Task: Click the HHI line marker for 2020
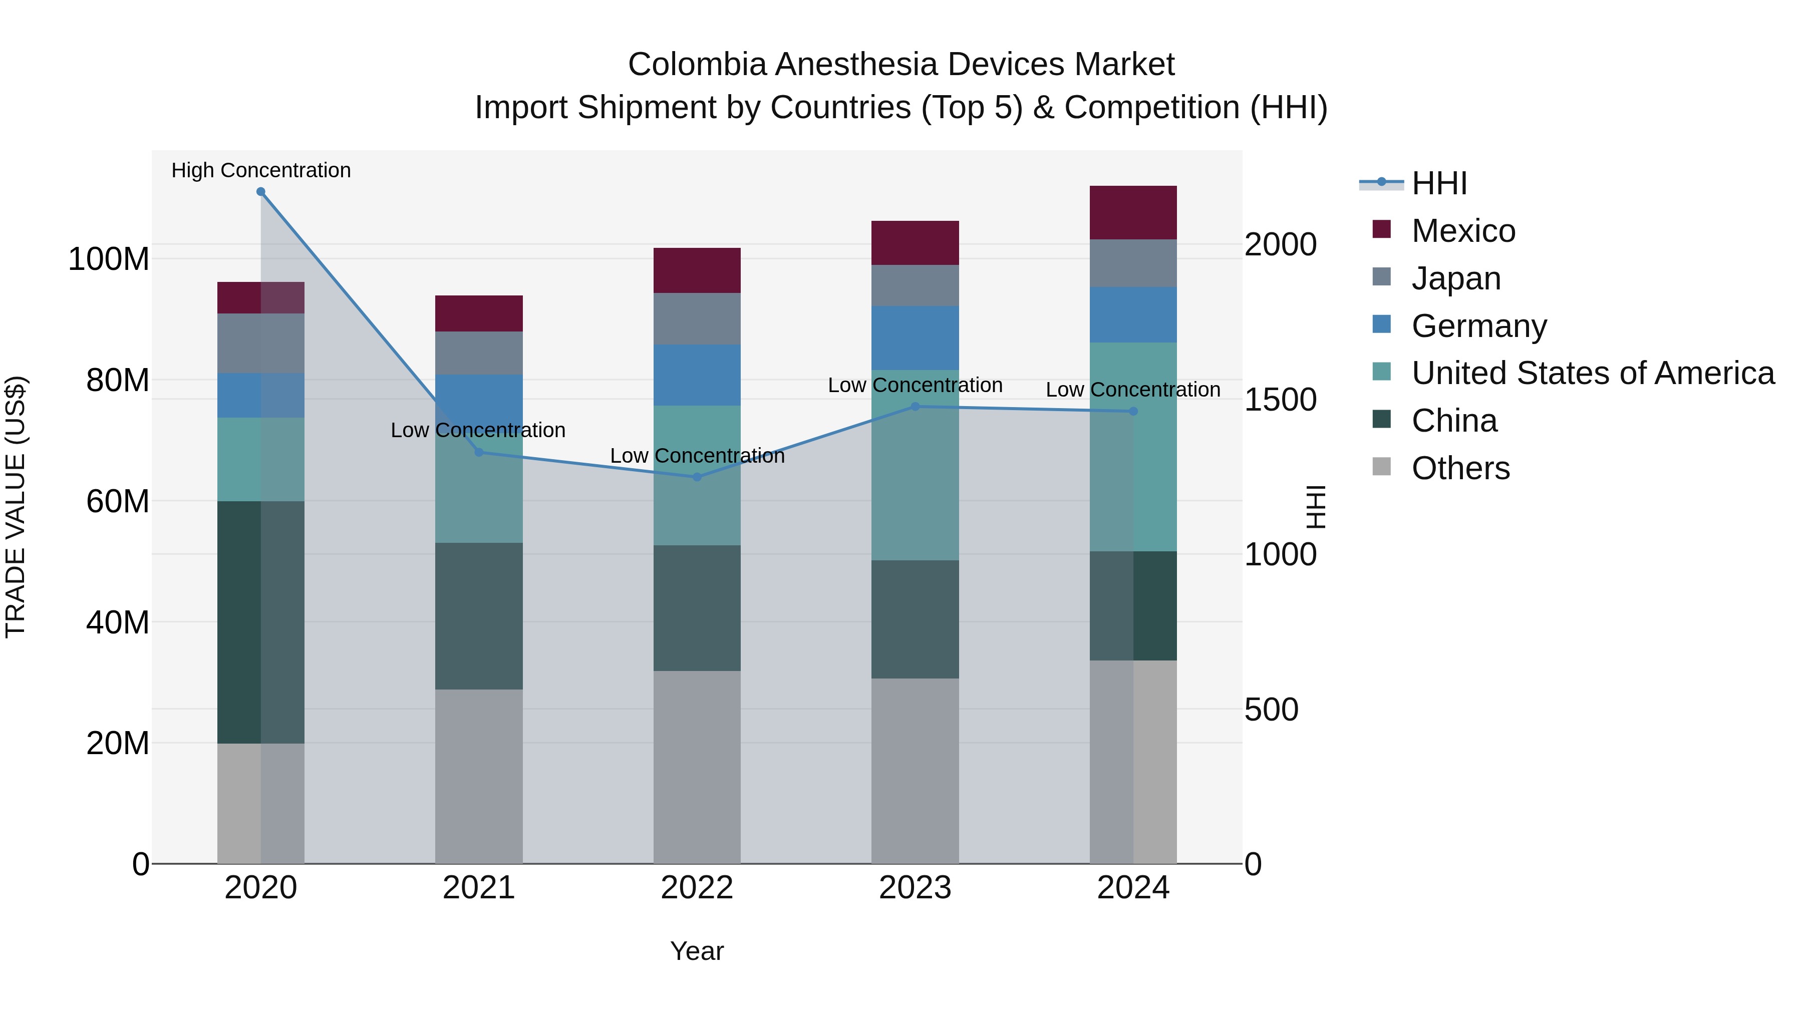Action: (x=261, y=192)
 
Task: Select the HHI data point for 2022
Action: (x=697, y=477)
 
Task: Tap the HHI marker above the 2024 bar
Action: (x=1133, y=412)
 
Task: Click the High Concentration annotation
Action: (x=261, y=170)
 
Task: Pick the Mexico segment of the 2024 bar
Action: (x=1133, y=213)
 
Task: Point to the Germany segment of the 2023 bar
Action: (x=915, y=338)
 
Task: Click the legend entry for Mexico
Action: (x=1463, y=231)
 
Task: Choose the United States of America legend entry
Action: (x=1592, y=373)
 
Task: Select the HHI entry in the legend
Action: (x=1438, y=183)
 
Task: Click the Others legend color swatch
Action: (x=1382, y=467)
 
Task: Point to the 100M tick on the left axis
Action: (x=109, y=259)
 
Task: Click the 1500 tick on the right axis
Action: (x=1280, y=400)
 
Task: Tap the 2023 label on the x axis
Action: (x=915, y=888)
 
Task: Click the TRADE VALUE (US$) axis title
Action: (x=16, y=507)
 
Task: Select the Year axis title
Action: (x=697, y=951)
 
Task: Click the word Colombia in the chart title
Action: (x=697, y=65)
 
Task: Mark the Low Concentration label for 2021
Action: (x=478, y=430)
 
